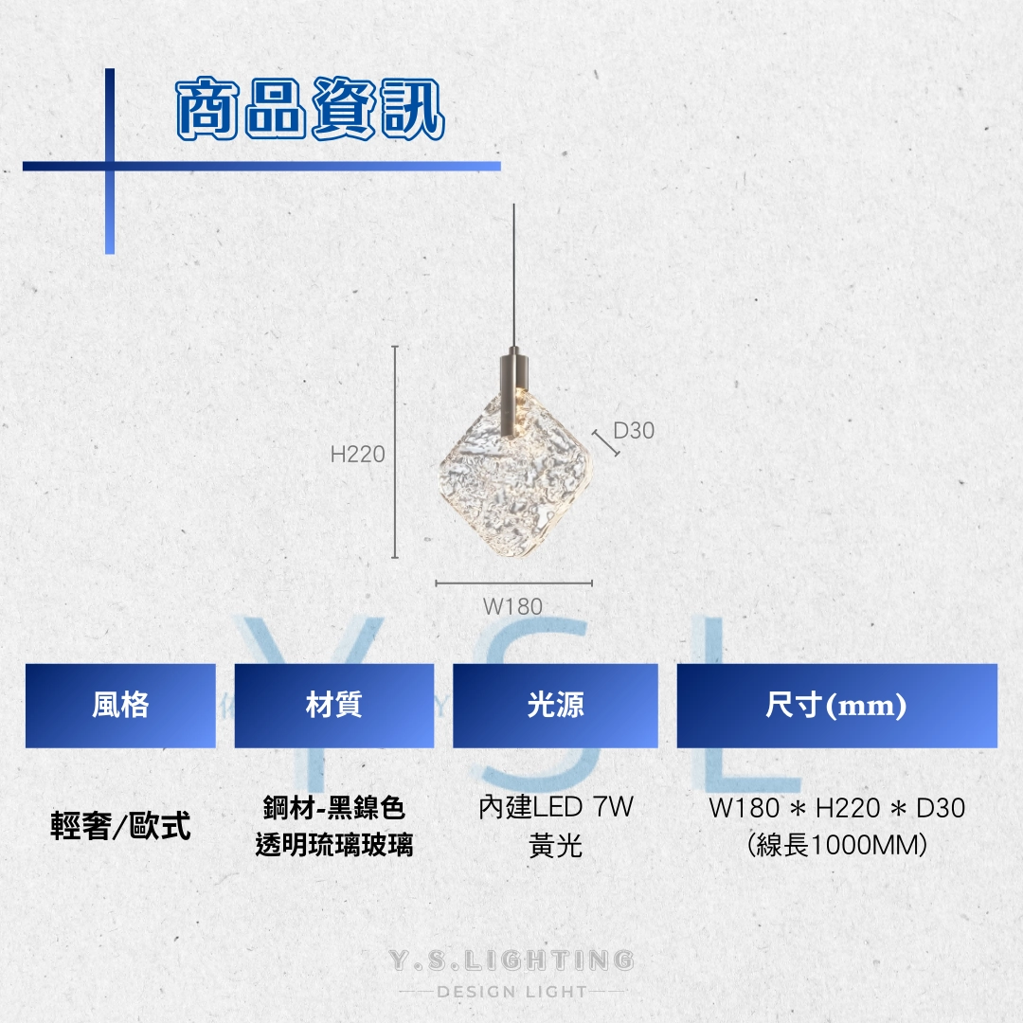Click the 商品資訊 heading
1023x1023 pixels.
point(311,109)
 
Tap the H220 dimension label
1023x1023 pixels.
point(357,454)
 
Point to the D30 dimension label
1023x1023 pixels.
point(634,431)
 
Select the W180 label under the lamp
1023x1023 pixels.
point(512,607)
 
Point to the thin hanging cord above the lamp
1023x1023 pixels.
point(514,278)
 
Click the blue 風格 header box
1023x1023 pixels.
point(120,706)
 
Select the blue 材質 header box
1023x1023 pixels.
point(334,706)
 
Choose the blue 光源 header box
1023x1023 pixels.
point(555,706)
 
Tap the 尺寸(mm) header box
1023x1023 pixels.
point(837,706)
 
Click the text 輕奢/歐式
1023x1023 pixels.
point(120,826)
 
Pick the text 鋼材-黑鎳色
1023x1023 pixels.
point(334,808)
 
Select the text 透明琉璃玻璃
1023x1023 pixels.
point(334,845)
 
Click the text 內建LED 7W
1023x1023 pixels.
point(556,808)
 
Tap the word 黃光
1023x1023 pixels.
point(556,846)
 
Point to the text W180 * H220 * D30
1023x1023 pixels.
point(837,808)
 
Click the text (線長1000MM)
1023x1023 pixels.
point(837,846)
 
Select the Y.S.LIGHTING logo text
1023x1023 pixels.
point(511,960)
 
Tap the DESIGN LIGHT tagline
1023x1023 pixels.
point(512,993)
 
